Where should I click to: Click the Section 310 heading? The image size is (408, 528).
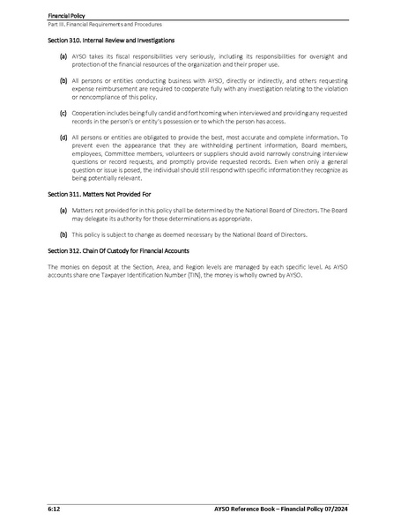click(110, 41)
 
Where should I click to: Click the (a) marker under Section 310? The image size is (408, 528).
click(63, 56)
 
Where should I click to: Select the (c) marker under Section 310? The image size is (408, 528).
click(63, 113)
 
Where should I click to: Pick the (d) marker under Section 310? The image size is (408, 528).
click(63, 138)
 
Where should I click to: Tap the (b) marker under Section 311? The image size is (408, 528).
click(63, 235)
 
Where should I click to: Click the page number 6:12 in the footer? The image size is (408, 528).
click(55, 509)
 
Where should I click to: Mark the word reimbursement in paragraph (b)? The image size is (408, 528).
click(114, 89)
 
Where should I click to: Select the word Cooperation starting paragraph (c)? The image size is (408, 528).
click(94, 113)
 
